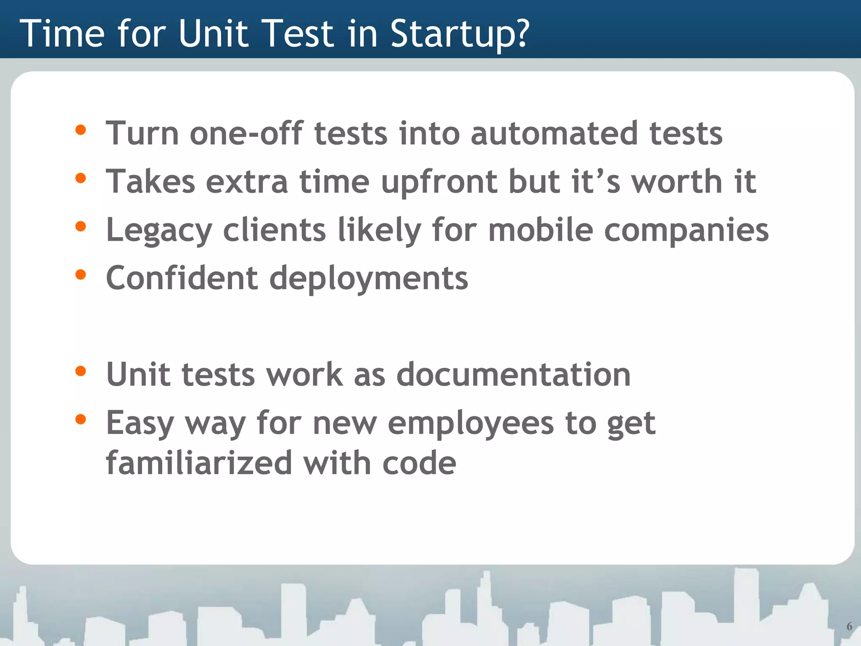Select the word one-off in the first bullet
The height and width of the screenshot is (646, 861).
click(x=246, y=134)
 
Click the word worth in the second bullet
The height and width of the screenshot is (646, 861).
click(x=677, y=182)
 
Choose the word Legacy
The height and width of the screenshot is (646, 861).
click(x=159, y=230)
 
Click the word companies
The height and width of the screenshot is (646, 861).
click(x=686, y=230)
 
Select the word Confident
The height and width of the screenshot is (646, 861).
click(x=182, y=278)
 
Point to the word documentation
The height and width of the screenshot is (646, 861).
click(x=513, y=374)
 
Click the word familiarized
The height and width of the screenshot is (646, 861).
click(x=199, y=463)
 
